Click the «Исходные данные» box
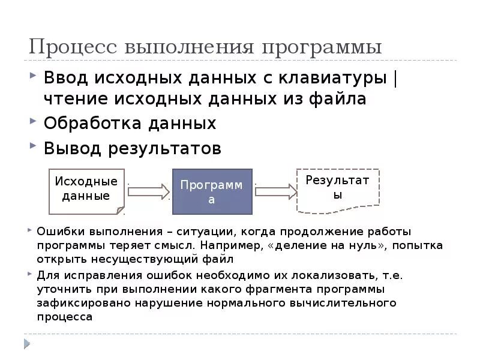point(86,190)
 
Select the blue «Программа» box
point(212,191)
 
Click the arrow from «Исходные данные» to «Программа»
point(149,191)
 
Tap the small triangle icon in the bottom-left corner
point(26,343)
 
